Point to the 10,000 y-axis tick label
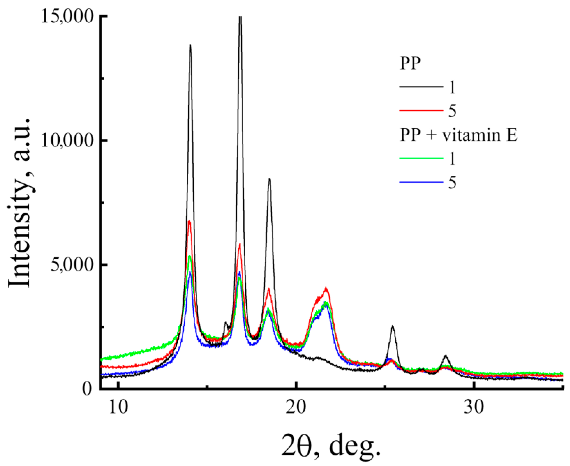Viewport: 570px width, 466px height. click(67, 140)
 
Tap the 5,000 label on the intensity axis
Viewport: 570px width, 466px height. click(72, 265)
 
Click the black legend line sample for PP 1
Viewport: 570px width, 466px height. click(421, 86)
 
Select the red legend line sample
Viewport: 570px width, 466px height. click(421, 110)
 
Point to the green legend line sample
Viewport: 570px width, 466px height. click(421, 158)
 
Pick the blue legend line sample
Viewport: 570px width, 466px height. click(421, 182)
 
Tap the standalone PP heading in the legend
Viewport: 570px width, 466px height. click(410, 63)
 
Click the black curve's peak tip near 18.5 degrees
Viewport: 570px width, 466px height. click(269, 179)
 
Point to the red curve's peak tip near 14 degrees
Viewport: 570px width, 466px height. click(189, 221)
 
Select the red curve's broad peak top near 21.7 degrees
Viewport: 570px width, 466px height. click(326, 288)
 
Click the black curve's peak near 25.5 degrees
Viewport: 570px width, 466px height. click(392, 326)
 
